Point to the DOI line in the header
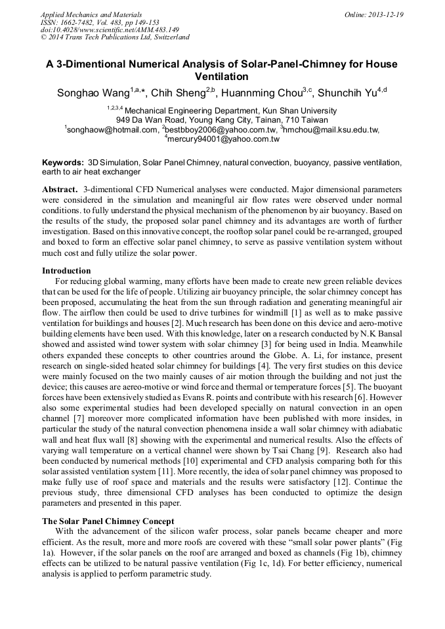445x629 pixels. pos(110,30)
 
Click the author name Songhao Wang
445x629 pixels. pos(93,93)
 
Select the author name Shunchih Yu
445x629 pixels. pos(346,93)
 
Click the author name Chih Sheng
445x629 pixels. pos(178,93)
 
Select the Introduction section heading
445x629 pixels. pos(66,270)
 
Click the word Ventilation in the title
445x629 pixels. pos(222,77)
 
